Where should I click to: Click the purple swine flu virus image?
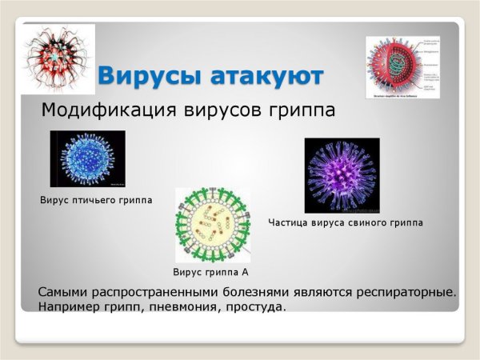click(342, 175)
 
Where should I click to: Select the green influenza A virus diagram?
click(212, 226)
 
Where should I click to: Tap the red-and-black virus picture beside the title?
click(58, 58)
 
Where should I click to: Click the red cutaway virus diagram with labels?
click(402, 67)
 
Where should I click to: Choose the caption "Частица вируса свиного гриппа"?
click(345, 222)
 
